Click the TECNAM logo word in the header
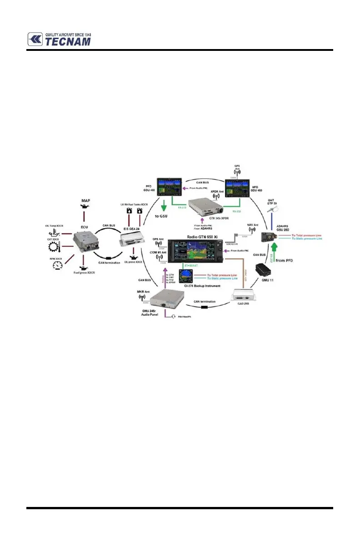point(67,41)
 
